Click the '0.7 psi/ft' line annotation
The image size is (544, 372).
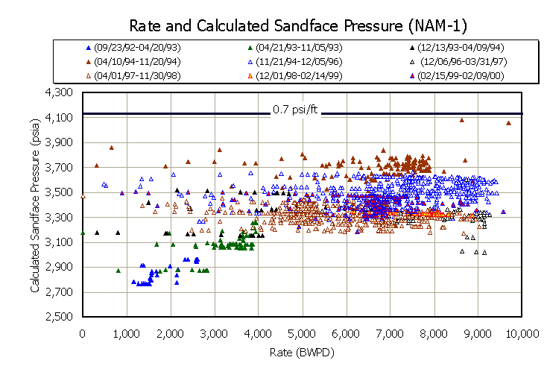(294, 110)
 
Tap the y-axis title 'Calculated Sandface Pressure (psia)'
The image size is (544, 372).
(34, 204)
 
